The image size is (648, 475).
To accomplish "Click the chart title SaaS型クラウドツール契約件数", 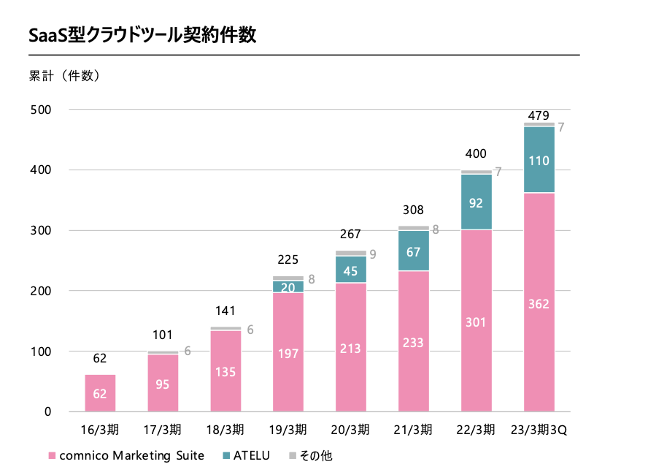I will [142, 35].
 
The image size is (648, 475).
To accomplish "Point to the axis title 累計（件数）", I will [63, 75].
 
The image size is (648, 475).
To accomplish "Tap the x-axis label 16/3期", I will [100, 429].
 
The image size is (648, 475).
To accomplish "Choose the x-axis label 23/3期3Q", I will [539, 429].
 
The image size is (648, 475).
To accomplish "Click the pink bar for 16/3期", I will [100, 393].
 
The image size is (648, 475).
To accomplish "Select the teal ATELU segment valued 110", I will [539, 160].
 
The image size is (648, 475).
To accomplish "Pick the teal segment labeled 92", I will [477, 202].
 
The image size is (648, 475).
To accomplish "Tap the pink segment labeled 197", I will [288, 352].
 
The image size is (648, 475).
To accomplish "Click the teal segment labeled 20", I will [288, 287].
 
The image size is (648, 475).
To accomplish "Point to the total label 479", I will [539, 115].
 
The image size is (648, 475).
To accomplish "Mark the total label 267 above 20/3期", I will [351, 235].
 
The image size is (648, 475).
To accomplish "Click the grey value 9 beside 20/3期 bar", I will [373, 255].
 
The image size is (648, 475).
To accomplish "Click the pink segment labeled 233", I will [414, 341].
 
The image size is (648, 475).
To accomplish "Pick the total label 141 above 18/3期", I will [225, 311].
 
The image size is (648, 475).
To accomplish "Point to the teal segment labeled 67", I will [414, 251].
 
